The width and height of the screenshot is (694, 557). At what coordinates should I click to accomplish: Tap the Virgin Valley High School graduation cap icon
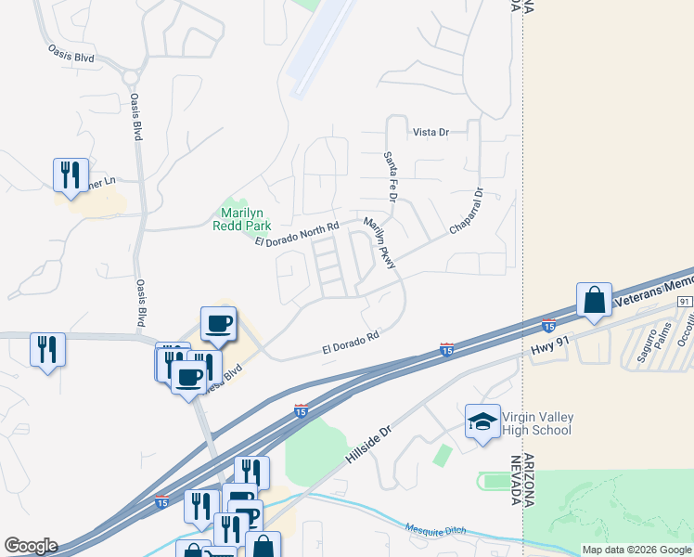pos(482,421)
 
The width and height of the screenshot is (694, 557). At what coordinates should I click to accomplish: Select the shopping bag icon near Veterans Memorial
pos(594,301)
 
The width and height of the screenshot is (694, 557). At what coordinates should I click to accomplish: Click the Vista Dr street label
pos(431,133)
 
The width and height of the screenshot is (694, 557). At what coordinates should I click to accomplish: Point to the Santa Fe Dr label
pos(392,178)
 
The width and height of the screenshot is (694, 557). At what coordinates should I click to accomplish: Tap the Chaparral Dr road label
pos(468,212)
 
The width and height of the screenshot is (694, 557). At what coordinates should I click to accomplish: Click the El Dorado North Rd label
pos(297,233)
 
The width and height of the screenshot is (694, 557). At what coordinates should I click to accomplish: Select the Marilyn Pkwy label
pos(380,243)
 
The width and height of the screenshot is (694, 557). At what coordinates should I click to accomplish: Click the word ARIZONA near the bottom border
pos(531,481)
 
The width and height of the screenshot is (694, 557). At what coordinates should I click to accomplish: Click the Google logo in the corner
pos(31,546)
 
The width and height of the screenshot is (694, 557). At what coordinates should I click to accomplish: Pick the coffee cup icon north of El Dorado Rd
pos(219,323)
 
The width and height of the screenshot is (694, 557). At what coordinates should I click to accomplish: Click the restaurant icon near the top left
pos(71,174)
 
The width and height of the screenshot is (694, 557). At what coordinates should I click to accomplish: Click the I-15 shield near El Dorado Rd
pos(446,350)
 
